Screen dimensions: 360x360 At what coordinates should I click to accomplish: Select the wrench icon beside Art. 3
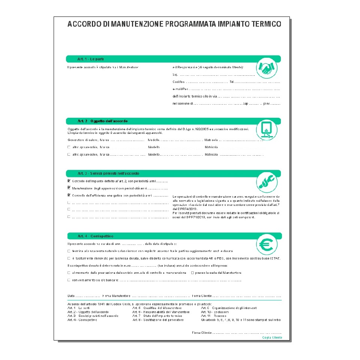coord(267,182)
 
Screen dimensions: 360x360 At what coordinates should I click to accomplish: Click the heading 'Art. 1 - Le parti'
coord(91,59)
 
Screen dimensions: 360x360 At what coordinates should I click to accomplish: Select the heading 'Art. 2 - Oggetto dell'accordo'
coord(103,121)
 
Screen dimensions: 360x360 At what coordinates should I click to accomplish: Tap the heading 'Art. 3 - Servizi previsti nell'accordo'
coord(108,174)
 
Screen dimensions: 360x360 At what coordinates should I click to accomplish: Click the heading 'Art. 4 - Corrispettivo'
coord(96,236)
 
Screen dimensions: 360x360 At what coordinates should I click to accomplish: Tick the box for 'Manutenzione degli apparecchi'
coord(69,187)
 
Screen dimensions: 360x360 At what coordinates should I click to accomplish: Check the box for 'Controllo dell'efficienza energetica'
coord(69,195)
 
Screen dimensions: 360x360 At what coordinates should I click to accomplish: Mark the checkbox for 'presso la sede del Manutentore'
coord(192,273)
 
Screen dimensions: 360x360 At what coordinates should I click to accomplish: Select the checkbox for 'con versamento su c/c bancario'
coord(69,280)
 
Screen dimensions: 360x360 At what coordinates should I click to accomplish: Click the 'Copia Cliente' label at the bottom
coord(272,338)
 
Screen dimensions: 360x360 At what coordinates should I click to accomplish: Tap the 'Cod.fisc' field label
coord(179,82)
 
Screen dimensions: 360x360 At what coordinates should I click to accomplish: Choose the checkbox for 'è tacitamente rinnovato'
coord(69,258)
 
